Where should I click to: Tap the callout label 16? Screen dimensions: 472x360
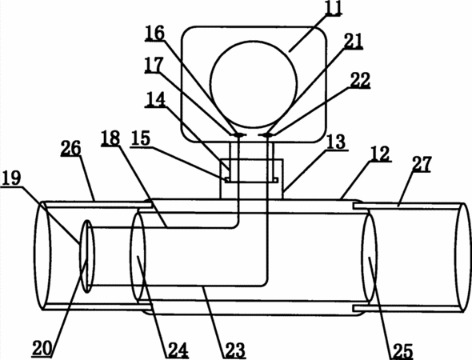point(154,33)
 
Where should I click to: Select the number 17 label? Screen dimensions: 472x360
point(154,65)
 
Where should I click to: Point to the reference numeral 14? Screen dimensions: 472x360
point(155,99)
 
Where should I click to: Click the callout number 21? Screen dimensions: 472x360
point(353,41)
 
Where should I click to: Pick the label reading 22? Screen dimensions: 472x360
point(360,80)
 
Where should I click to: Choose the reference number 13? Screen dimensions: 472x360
point(337,142)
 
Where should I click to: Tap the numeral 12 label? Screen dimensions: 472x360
point(381,154)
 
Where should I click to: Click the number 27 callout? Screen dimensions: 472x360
point(422,164)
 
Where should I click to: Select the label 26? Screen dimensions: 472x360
point(71,148)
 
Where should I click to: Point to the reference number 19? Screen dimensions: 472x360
point(11,178)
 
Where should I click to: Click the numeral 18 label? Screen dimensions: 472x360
point(110,138)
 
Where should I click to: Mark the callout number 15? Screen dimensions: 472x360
point(140,138)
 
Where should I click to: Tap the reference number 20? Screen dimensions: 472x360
point(42,348)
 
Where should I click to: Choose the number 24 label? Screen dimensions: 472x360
point(178,350)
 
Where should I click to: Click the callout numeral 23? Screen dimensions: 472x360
point(235,350)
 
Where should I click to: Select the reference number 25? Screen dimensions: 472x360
point(402,351)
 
